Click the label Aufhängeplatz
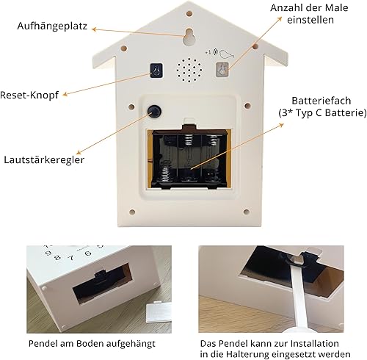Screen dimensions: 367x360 coord(52,26)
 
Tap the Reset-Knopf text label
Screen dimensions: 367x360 coord(29,95)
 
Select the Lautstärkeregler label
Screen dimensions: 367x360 coord(44,160)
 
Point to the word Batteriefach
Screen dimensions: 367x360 coord(321,101)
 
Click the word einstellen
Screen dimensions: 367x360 coord(310,20)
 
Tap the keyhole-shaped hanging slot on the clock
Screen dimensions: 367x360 coord(189,37)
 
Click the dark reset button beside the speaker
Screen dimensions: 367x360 coord(156,71)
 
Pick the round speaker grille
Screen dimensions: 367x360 coord(189,70)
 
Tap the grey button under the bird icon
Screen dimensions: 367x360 coord(222,70)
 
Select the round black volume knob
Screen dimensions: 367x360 coord(154,111)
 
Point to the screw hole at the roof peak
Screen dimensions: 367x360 coord(189,13)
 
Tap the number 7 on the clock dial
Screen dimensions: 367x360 coord(71,258)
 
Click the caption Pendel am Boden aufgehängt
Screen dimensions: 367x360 coord(92,343)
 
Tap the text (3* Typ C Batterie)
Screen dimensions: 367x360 coord(322,113)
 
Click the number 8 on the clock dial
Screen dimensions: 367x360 coord(57,257)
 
